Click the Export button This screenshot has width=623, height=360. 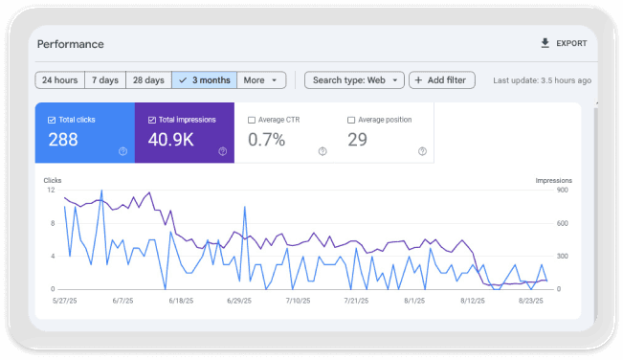[564, 43]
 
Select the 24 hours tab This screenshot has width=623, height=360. [59, 80]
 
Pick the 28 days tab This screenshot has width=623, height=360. [148, 80]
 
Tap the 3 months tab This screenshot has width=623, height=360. [203, 80]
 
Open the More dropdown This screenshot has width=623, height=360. [260, 80]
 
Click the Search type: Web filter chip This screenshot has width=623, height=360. [354, 80]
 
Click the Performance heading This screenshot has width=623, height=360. [71, 44]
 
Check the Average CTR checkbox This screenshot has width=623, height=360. [252, 120]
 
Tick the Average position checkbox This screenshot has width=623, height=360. [351, 120]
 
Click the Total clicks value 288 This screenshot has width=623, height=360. [63, 140]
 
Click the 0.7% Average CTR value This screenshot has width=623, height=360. [266, 140]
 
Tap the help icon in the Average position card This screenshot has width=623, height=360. [421, 151]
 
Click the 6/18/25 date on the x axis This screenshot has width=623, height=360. [182, 301]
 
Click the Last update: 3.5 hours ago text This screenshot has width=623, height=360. [542, 80]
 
